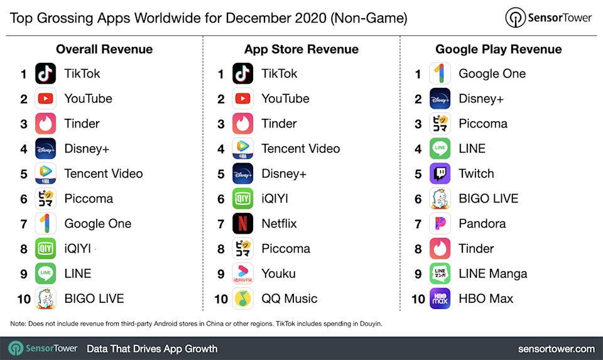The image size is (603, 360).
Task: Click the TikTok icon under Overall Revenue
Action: pos(45,74)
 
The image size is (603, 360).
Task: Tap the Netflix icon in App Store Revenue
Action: pos(242,224)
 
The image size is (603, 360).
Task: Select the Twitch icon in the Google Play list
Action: pos(440,173)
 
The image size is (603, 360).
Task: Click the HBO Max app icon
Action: pos(440,298)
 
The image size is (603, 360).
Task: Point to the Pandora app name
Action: pos(482,224)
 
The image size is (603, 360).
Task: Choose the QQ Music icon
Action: pos(242,298)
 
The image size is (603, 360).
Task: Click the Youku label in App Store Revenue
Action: pos(278,274)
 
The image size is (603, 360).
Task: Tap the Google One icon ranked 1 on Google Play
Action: pos(440,74)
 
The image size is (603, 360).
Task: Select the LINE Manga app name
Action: pos(492,274)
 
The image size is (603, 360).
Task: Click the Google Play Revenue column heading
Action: pos(498,49)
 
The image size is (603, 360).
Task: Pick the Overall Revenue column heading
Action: pos(104,49)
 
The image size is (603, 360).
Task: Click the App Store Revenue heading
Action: pos(301,49)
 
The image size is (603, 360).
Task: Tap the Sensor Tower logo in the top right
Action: pos(548,18)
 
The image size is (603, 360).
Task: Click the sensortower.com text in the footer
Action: pos(556,349)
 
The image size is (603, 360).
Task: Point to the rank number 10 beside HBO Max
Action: pos(418,299)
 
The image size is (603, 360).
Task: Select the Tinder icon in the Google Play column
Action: pos(440,249)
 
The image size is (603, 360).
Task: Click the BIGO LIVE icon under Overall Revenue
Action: pos(45,298)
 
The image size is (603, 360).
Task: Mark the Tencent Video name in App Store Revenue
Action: pos(300,149)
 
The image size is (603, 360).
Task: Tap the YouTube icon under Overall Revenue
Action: pos(45,99)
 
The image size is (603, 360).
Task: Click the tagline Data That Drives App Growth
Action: pos(152,349)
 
